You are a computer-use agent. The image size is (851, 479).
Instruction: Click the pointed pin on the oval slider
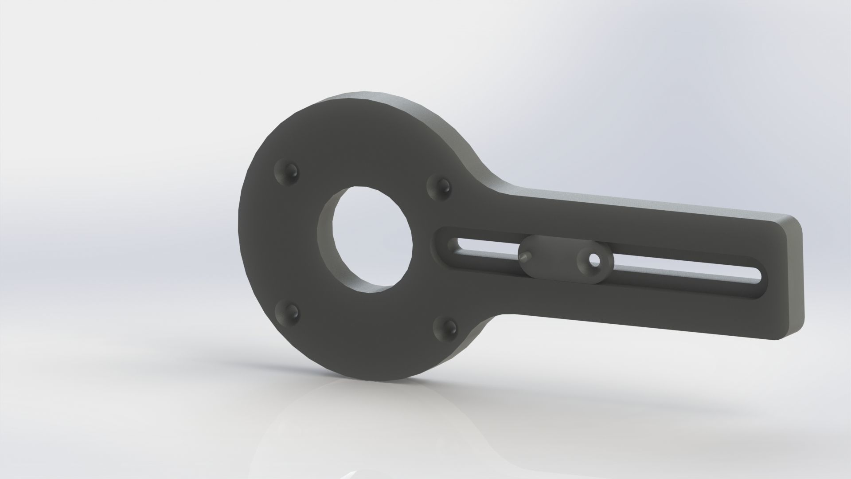[x=525, y=256]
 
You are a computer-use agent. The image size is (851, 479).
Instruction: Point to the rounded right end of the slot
[x=757, y=275]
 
